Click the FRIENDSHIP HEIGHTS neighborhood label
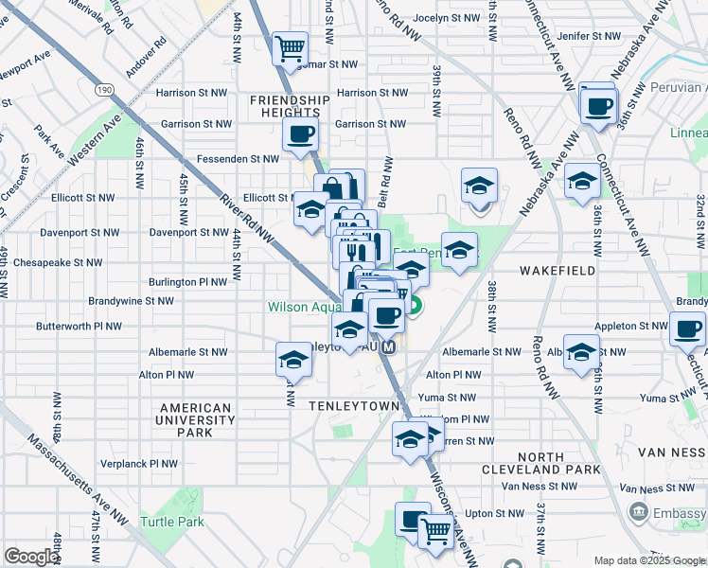[x=290, y=106]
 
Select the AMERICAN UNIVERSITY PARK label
[x=196, y=420]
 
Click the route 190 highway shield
[x=103, y=88]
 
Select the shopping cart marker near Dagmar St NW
[x=290, y=46]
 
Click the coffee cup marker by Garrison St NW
[x=299, y=133]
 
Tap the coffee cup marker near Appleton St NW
[x=687, y=329]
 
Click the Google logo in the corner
[x=30, y=557]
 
